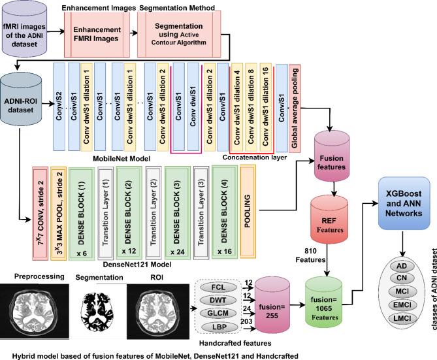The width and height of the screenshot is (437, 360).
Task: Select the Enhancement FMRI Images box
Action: point(97,33)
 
